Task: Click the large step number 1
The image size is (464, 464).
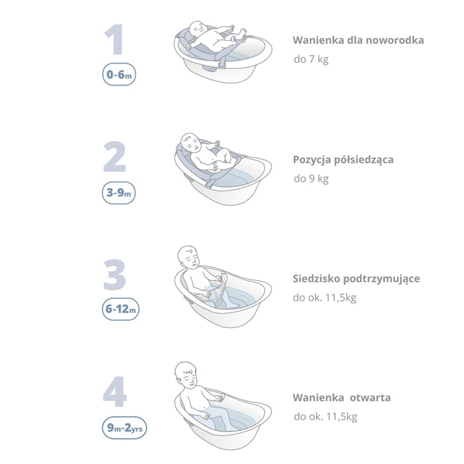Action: [x=115, y=40]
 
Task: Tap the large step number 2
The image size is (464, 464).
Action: [x=115, y=157]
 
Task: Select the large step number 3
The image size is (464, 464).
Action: [x=115, y=275]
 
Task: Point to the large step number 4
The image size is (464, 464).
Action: [x=115, y=392]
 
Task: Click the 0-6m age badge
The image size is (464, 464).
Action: [x=119, y=74]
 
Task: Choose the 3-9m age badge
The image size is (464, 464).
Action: [x=119, y=193]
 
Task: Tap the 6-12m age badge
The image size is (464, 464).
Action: [x=121, y=310]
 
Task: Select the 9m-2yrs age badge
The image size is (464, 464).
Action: [x=125, y=428]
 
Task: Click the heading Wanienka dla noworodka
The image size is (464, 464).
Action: [x=359, y=40]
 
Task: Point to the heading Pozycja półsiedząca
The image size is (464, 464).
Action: [x=343, y=160]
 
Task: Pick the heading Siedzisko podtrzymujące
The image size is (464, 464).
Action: [x=357, y=279]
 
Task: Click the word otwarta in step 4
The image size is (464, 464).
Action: [x=370, y=398]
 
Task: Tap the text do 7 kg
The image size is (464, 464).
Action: [x=311, y=59]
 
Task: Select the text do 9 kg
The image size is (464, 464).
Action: [x=311, y=179]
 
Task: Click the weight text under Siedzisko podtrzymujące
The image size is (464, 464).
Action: [x=325, y=298]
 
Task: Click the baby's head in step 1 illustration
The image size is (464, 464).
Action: [x=198, y=30]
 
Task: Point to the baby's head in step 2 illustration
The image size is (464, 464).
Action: [x=190, y=143]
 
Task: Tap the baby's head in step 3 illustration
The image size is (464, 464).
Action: [x=188, y=257]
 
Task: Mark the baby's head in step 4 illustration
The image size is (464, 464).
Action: [x=186, y=374]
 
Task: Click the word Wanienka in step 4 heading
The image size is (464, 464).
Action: [x=318, y=398]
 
